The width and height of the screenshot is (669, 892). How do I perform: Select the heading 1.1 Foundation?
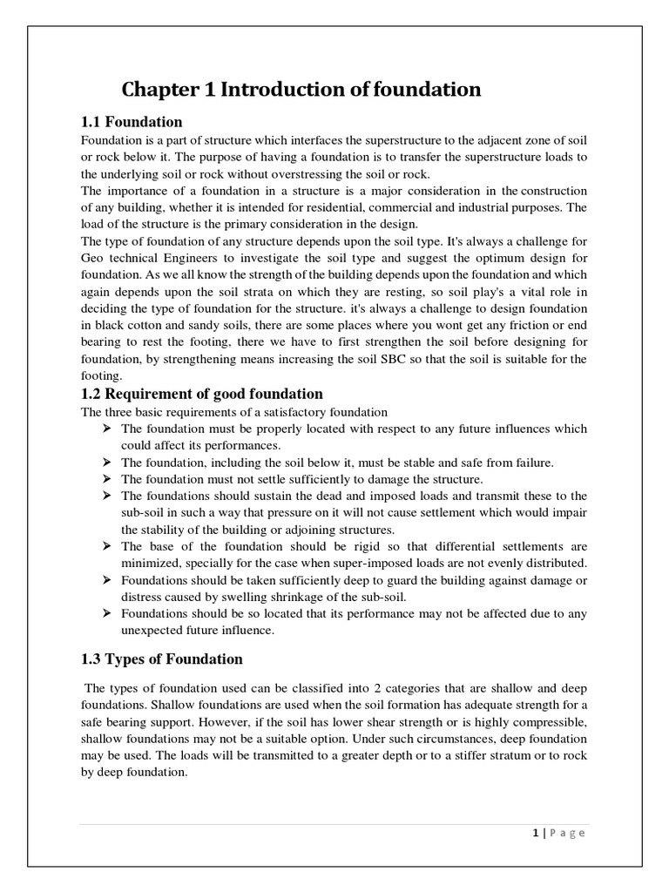pos(132,121)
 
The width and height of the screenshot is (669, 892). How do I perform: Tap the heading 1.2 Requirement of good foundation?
pos(202,394)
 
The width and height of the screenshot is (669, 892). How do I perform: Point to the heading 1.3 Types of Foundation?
pos(162,659)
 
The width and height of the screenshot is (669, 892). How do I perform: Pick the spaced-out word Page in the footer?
pos(567,833)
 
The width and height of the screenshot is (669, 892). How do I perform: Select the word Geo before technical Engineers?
pos(92,259)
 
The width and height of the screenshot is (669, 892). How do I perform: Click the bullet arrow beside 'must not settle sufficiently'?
pos(107,479)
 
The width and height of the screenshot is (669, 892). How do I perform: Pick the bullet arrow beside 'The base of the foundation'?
pos(107,546)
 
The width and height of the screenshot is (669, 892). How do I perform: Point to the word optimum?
pos(449,259)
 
